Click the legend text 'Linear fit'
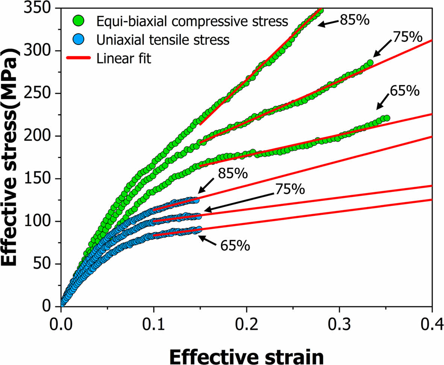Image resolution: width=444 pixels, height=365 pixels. click(x=124, y=58)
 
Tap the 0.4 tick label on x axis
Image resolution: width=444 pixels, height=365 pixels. click(x=432, y=323)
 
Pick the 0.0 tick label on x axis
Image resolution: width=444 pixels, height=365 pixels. click(x=61, y=323)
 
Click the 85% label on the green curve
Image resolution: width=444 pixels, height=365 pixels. click(x=355, y=20)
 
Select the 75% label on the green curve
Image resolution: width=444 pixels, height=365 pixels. click(x=408, y=37)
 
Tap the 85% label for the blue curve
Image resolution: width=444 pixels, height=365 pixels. click(x=233, y=174)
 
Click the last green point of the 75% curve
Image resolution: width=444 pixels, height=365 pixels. click(x=370, y=63)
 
